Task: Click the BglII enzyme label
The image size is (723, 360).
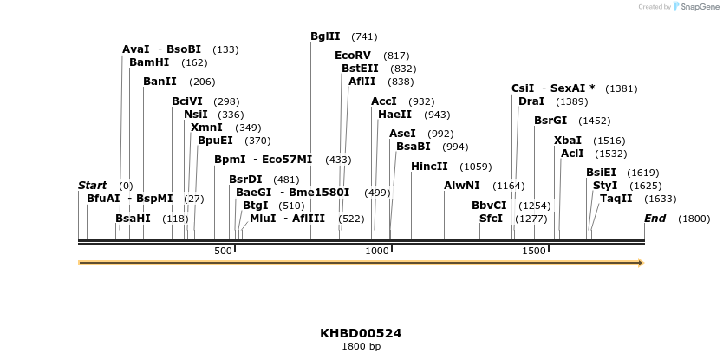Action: [x=325, y=36]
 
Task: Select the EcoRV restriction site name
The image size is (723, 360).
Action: [x=352, y=56]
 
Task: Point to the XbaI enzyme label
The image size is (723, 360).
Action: [x=568, y=141]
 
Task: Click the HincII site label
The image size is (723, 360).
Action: [x=429, y=167]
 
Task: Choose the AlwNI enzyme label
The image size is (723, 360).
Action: [x=461, y=186]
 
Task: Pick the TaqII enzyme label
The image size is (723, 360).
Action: [x=616, y=199]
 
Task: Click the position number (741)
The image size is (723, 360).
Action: [x=364, y=36]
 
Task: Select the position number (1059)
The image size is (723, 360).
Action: [x=475, y=167]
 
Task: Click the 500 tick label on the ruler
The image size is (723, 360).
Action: [x=223, y=252]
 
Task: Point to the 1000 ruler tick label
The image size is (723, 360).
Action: [x=377, y=252]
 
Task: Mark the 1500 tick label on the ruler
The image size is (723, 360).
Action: [x=534, y=252]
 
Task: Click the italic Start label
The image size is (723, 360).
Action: [x=92, y=186]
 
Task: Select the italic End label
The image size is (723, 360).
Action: [x=655, y=219]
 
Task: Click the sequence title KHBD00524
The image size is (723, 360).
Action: [x=361, y=333]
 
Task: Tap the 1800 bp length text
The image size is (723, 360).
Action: [x=361, y=347]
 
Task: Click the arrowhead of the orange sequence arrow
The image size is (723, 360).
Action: [x=641, y=262]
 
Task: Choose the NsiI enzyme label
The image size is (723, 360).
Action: [x=195, y=115]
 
